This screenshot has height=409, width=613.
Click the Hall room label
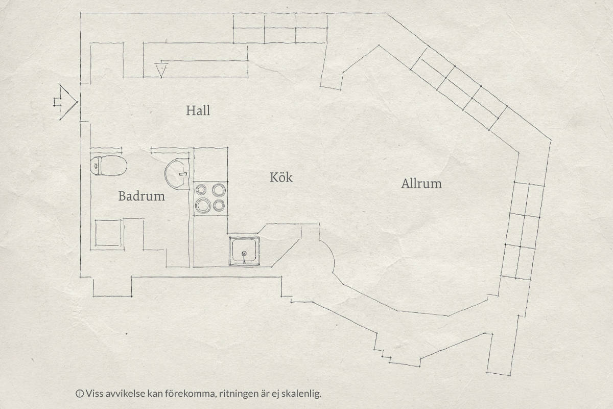(198, 110)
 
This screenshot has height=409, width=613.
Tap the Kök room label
(281, 177)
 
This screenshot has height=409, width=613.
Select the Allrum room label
(421, 183)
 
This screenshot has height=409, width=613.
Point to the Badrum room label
(142, 196)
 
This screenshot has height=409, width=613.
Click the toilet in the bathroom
(109, 166)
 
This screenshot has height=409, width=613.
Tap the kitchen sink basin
(244, 251)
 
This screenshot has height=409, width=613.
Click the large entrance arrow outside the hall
(66, 102)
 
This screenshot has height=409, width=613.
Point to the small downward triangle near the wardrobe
(161, 70)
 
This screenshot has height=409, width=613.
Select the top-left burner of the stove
(201, 190)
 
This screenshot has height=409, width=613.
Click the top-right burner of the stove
(219, 190)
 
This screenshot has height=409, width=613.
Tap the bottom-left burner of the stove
(203, 205)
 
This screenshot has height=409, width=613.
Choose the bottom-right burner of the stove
(219, 205)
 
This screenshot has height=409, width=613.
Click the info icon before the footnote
(79, 394)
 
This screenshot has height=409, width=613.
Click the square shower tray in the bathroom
(108, 233)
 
